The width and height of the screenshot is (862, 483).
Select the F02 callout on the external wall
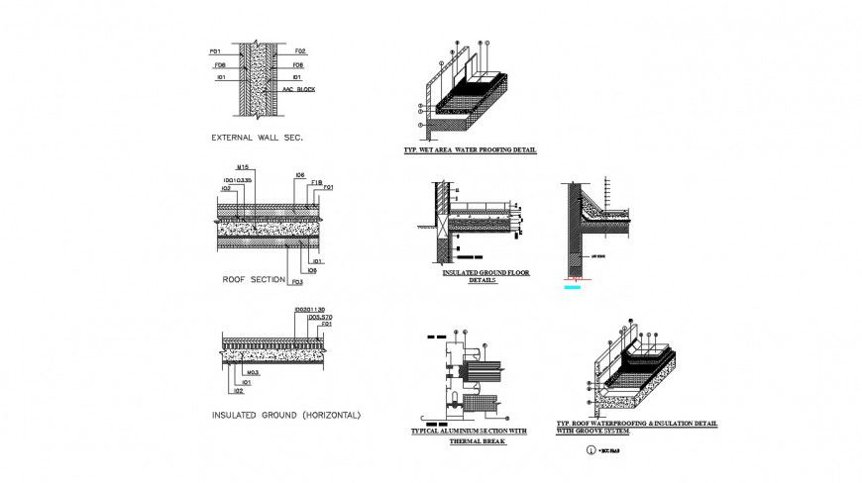300,50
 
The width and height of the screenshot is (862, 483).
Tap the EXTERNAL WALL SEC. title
257,138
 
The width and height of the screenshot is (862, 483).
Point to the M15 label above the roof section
242,166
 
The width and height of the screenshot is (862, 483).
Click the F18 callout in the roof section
316,182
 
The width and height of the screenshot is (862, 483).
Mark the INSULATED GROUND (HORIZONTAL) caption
286,415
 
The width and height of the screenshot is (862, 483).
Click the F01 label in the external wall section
214,50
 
